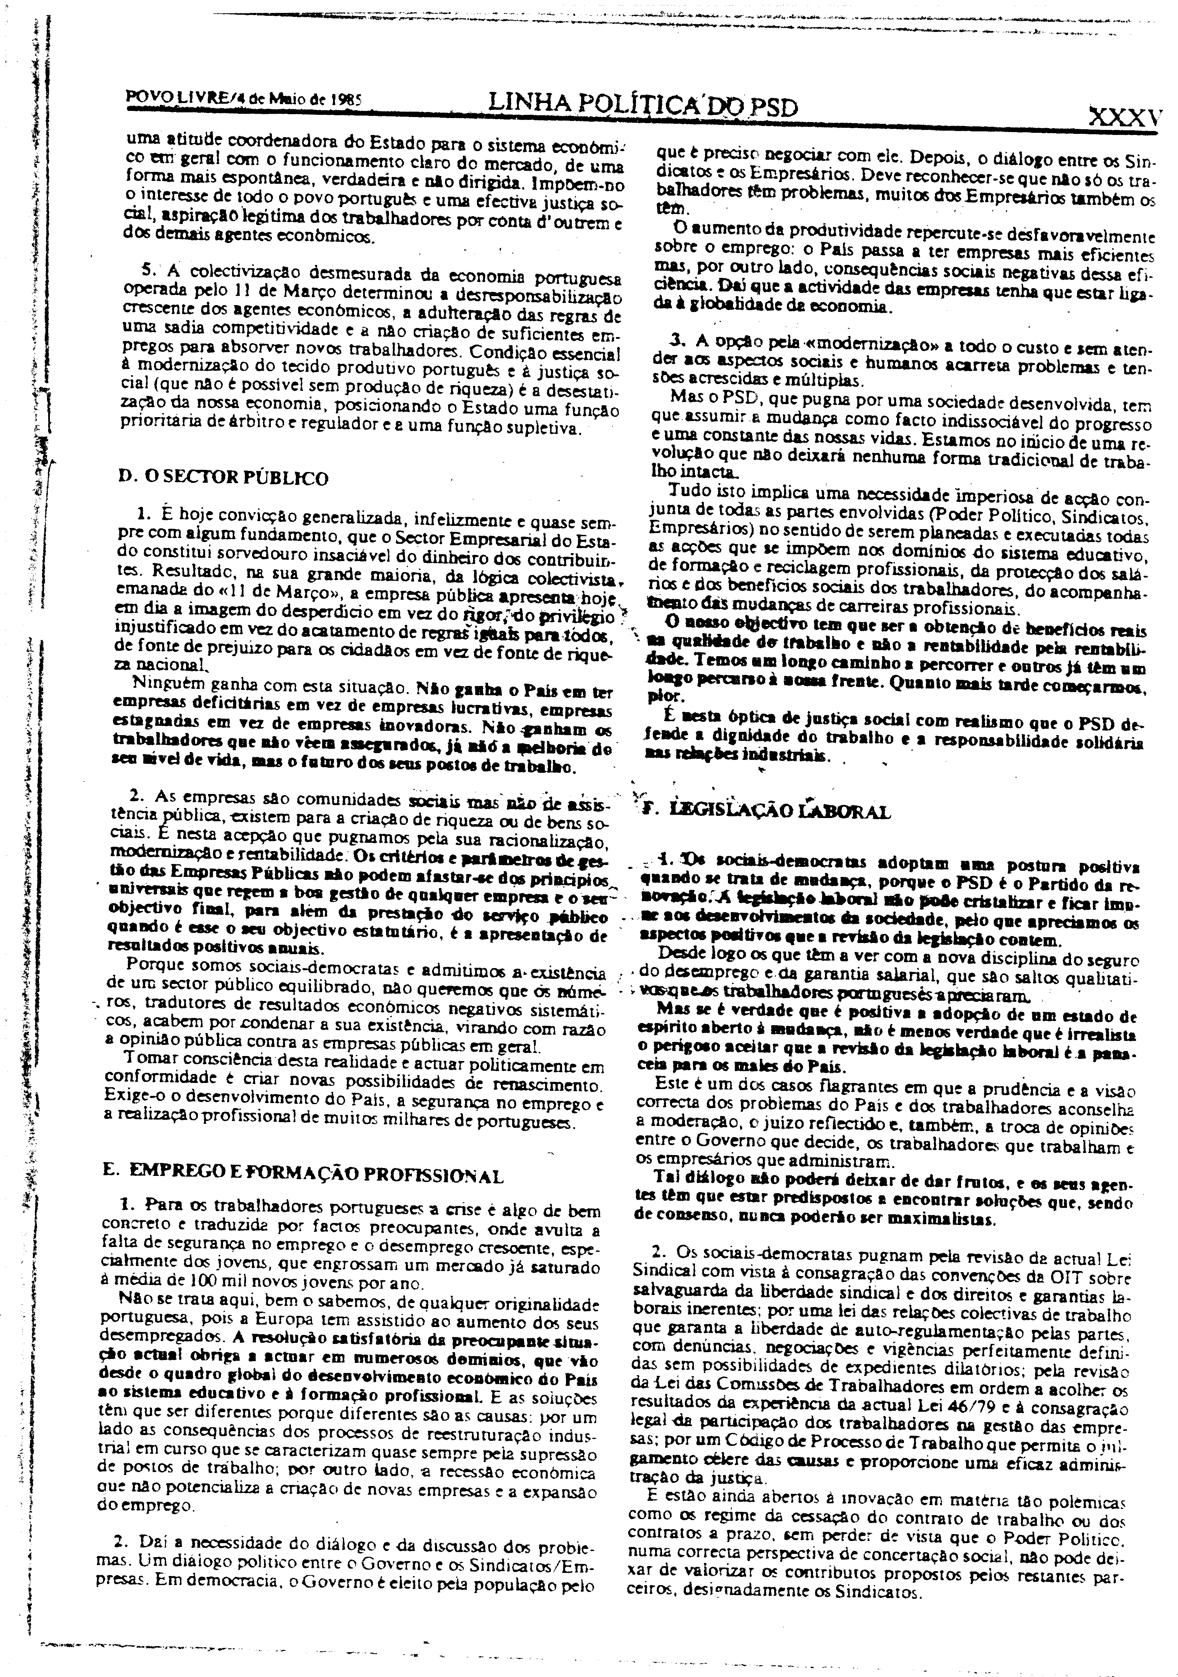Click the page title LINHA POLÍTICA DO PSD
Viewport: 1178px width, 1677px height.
click(643, 107)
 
